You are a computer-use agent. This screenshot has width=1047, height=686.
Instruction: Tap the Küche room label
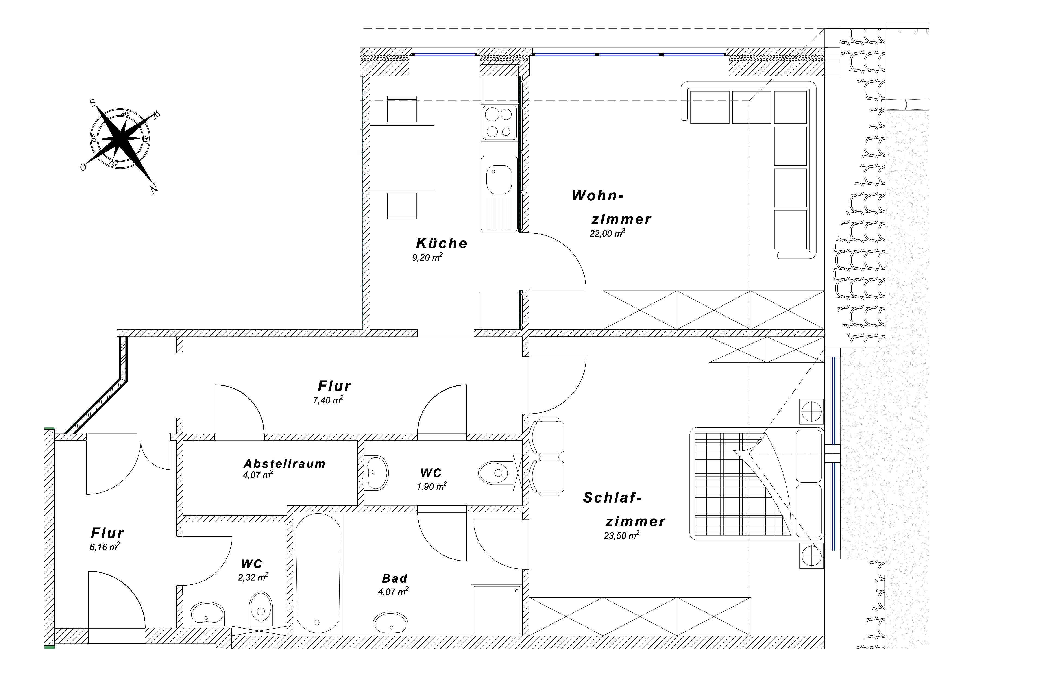point(442,243)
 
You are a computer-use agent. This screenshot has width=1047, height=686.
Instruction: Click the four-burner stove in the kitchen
point(499,123)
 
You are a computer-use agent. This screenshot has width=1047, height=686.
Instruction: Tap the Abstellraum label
point(285,464)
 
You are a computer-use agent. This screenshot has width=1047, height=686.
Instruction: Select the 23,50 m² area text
point(621,535)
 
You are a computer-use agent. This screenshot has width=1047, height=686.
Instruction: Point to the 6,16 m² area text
point(105,547)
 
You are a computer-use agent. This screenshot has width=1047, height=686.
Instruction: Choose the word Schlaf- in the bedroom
point(612,498)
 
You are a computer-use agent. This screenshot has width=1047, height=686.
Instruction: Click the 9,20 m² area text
point(427,257)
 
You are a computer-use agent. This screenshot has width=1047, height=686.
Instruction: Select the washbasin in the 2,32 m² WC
point(207,613)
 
